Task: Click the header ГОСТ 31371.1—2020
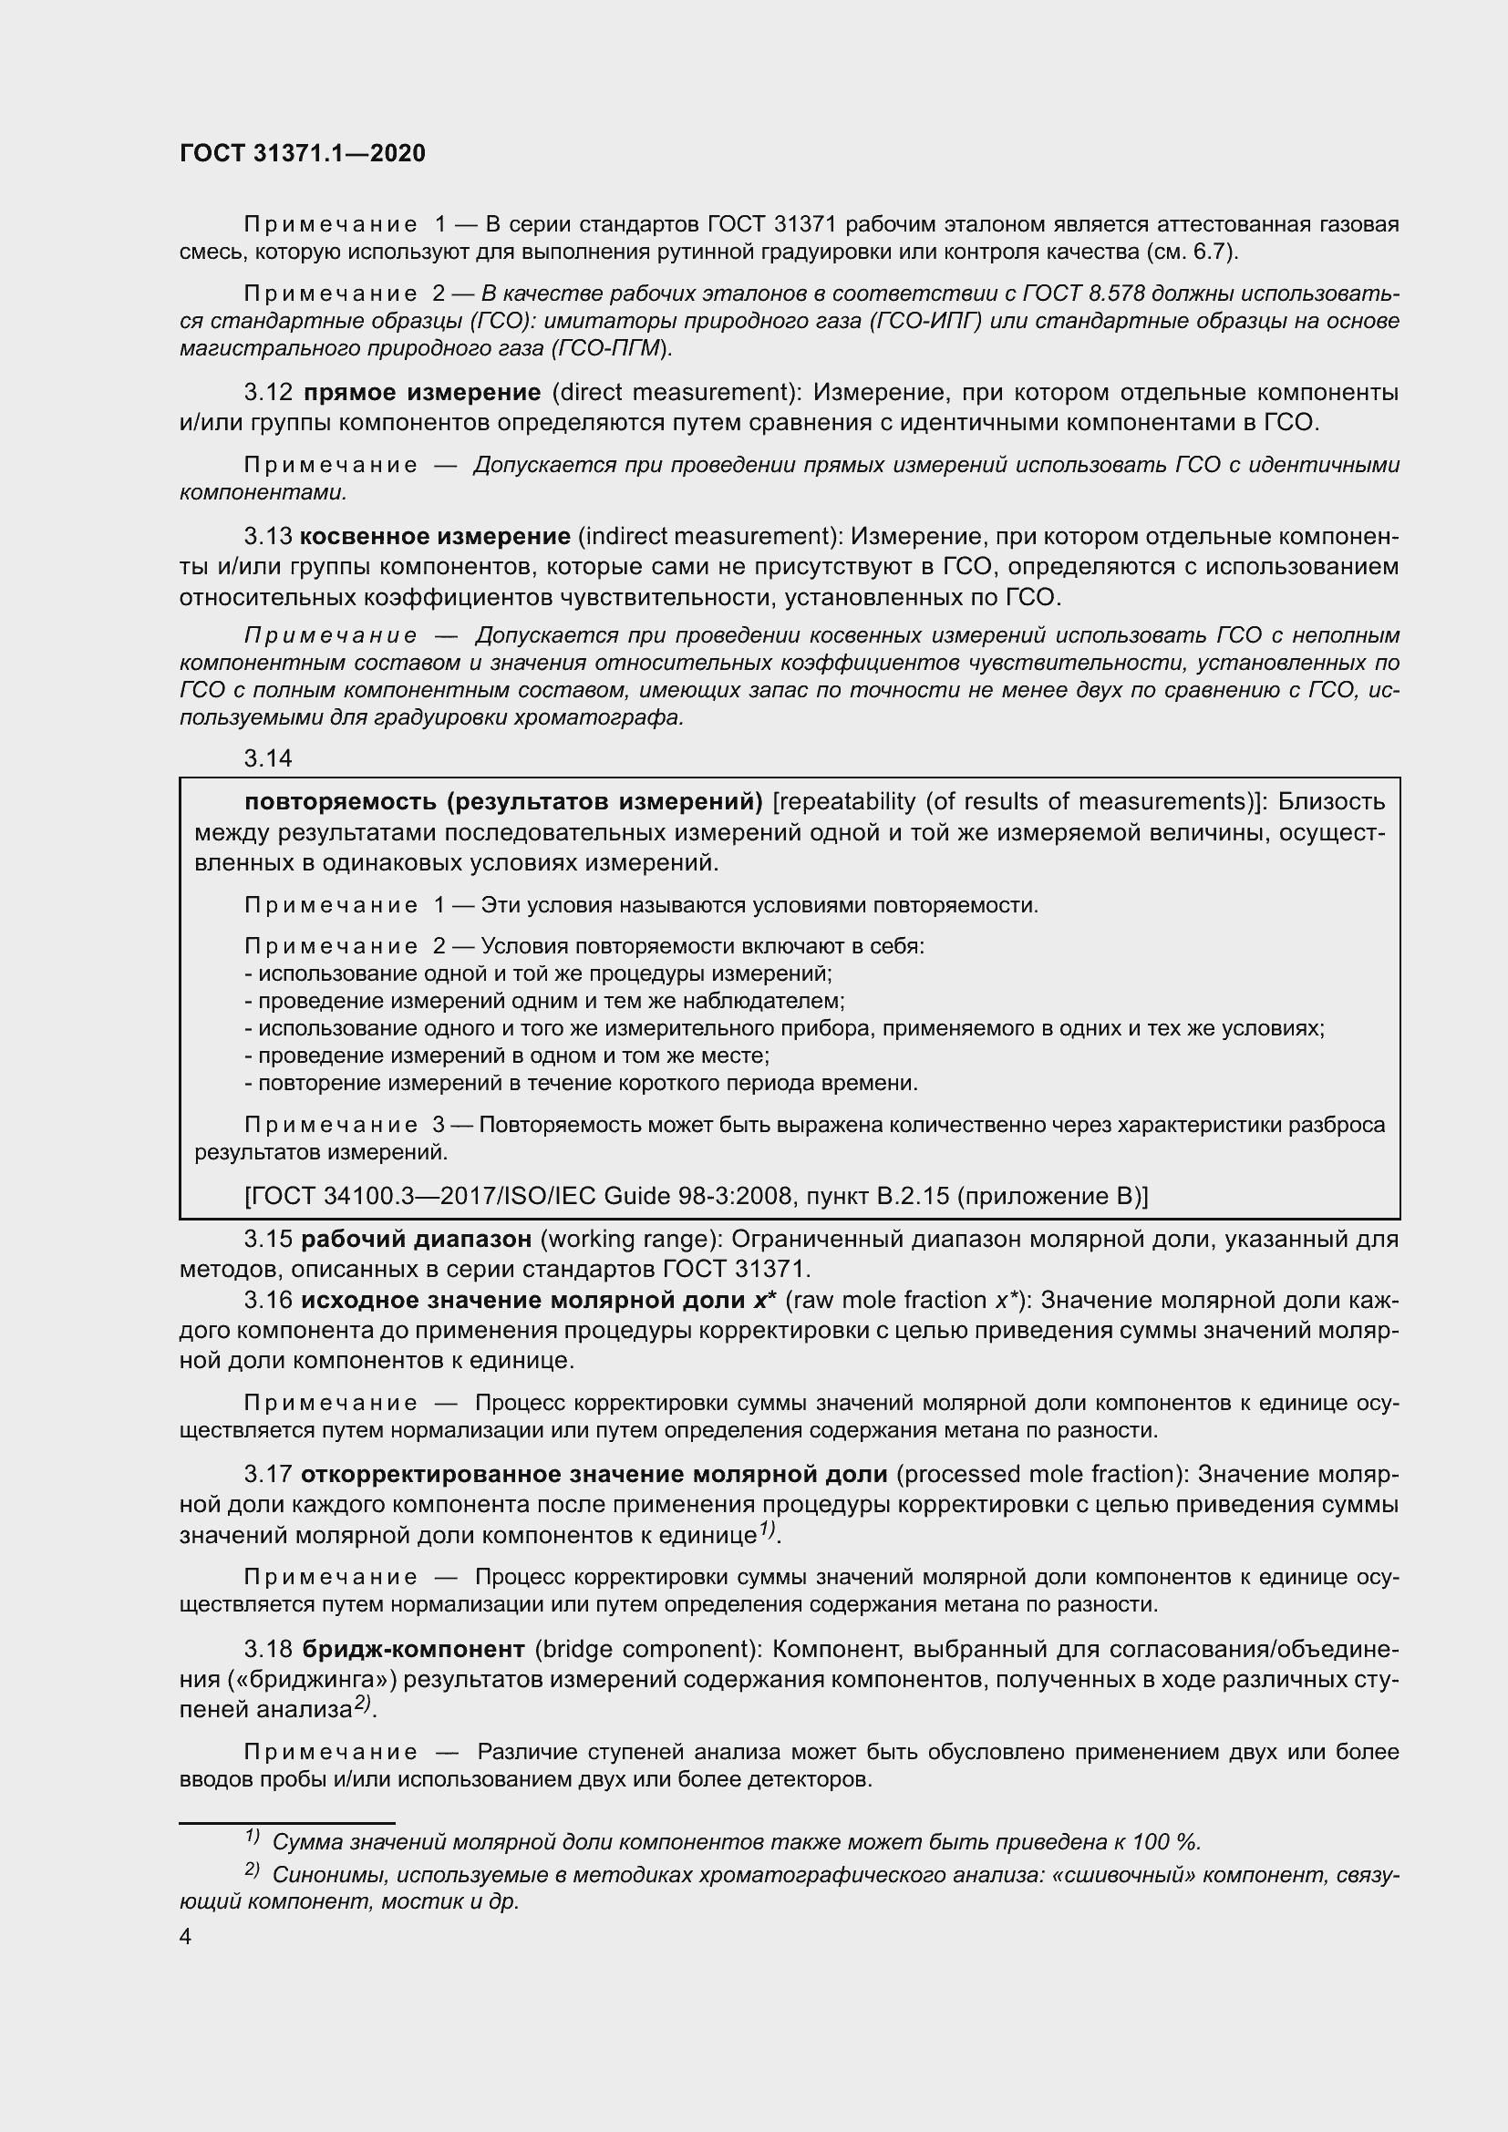click(x=302, y=153)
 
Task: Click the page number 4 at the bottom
click(x=186, y=1936)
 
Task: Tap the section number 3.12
click(x=269, y=392)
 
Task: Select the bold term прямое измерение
click(x=421, y=392)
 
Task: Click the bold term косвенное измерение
click(x=436, y=536)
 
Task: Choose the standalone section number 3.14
click(x=268, y=757)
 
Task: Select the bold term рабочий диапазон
click(x=417, y=1239)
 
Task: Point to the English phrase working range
click(x=634, y=1239)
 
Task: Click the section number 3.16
click(x=268, y=1300)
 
